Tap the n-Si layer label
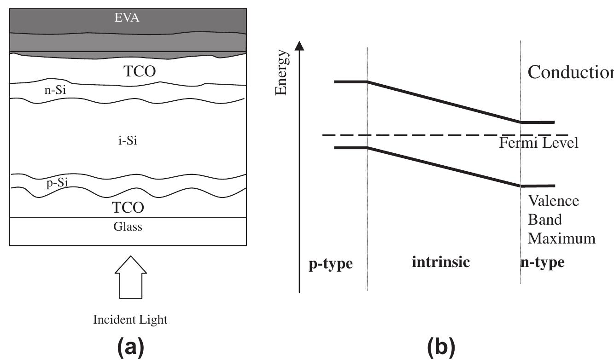(54, 91)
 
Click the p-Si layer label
(57, 183)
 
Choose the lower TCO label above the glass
(129, 208)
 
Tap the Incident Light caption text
(130, 319)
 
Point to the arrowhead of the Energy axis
(299, 45)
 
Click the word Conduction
(570, 72)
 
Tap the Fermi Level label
(538, 143)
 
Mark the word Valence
(553, 201)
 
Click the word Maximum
(561, 238)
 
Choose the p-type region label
(330, 264)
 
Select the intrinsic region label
(441, 262)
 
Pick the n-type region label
(542, 262)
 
